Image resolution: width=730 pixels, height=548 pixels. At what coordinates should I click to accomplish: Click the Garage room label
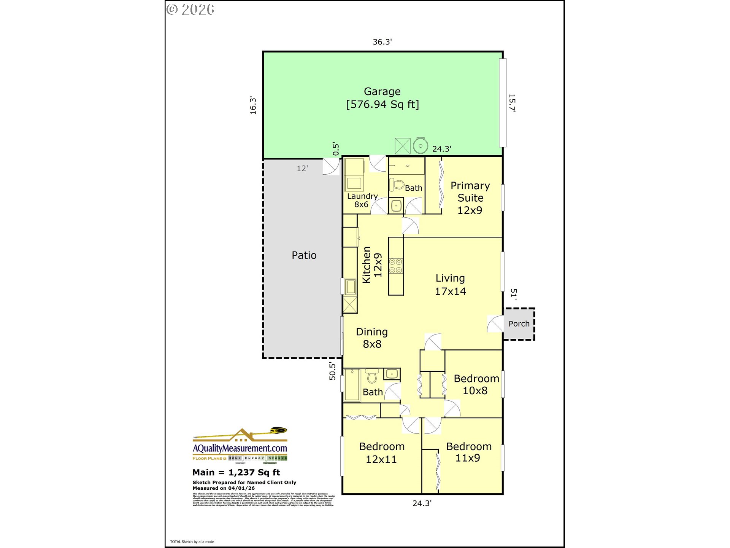(382, 92)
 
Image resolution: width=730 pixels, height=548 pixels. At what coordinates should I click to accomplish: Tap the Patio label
(304, 255)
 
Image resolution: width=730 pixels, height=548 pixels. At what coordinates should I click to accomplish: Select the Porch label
(519, 324)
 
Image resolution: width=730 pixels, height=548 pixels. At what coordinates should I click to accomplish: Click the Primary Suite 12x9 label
(470, 198)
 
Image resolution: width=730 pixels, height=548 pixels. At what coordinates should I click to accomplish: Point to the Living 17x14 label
(450, 285)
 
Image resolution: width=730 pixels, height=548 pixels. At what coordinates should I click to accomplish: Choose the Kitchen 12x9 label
(372, 265)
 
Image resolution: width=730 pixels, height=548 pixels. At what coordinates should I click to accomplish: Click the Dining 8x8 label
(372, 338)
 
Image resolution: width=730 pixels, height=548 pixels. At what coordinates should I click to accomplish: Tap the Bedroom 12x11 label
(382, 453)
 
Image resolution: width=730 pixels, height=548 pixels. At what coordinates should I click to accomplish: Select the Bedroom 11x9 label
(468, 452)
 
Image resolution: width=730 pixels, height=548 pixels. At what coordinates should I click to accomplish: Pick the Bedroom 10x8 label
(476, 384)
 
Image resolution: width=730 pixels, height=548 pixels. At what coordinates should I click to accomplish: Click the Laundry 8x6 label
(362, 200)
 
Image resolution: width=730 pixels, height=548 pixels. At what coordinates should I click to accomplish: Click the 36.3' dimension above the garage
(382, 42)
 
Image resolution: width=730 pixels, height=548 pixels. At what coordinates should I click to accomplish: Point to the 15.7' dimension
(512, 103)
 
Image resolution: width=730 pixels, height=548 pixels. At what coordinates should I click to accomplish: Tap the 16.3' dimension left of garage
(253, 105)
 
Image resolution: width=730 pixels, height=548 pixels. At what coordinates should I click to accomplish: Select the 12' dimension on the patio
(302, 169)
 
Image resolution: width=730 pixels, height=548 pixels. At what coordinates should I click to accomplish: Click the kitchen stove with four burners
(395, 266)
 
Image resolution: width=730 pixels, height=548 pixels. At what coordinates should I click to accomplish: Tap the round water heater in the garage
(421, 146)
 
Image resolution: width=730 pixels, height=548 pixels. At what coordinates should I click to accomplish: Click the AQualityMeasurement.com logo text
(240, 448)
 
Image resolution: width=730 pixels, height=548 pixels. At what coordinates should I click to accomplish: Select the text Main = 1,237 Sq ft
(236, 473)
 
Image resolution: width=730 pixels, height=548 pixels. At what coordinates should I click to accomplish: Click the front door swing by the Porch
(496, 324)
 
